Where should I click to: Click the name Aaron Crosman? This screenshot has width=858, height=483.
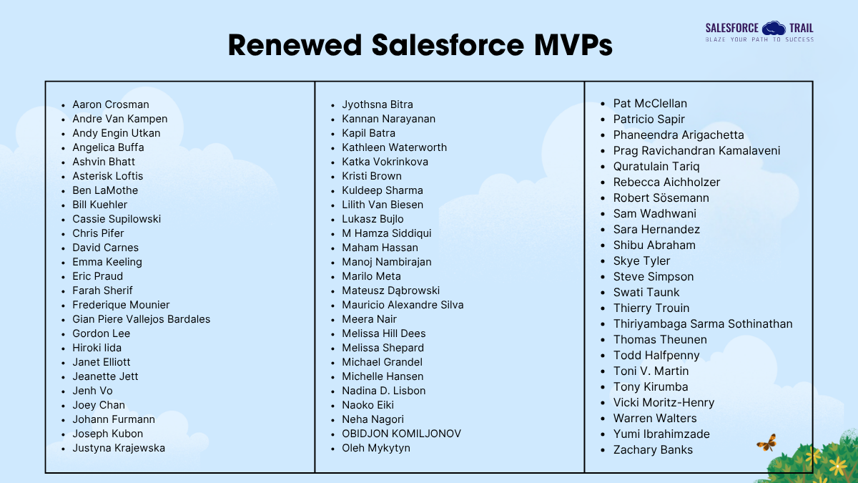pos(110,104)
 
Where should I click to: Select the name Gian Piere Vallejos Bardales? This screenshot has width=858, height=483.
pos(141,319)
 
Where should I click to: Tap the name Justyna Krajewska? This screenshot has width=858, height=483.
pos(118,448)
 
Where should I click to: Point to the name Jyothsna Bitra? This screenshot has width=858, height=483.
pos(377,104)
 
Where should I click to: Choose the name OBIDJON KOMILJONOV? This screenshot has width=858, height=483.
pos(401,434)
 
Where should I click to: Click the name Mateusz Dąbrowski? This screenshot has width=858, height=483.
pos(390,291)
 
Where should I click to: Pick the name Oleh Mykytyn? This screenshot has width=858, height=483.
pos(375,448)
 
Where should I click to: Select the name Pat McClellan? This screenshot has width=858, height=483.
pos(650,104)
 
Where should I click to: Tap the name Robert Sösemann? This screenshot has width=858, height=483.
pos(661,198)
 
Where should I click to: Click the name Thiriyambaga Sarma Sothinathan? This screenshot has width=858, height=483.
pos(703,324)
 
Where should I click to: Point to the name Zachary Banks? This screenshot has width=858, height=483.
pos(653,450)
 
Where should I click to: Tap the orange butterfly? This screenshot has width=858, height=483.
pos(766,443)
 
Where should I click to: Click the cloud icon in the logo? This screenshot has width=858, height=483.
pos(773,28)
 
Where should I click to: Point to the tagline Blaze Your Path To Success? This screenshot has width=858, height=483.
pos(759,40)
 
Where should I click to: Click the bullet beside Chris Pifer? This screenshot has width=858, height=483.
pos(64,234)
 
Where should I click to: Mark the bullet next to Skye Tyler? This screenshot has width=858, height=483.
pos(604,261)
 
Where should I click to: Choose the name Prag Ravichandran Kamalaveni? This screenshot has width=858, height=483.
pos(696,151)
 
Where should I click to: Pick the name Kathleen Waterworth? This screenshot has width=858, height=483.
pos(394,147)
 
